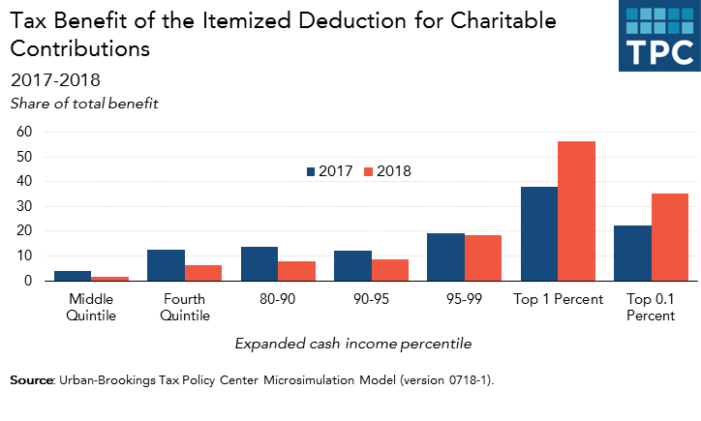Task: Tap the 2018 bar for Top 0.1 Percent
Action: click(x=670, y=237)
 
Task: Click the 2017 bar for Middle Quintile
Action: click(x=72, y=276)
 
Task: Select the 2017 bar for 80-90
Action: click(x=259, y=263)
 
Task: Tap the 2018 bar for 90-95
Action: click(x=389, y=270)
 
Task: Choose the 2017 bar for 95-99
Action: click(x=445, y=256)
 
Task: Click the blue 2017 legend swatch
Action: click(x=311, y=171)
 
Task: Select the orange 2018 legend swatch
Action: click(x=369, y=171)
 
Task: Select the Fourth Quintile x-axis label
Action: click(x=183, y=307)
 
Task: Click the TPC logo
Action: click(x=658, y=36)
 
